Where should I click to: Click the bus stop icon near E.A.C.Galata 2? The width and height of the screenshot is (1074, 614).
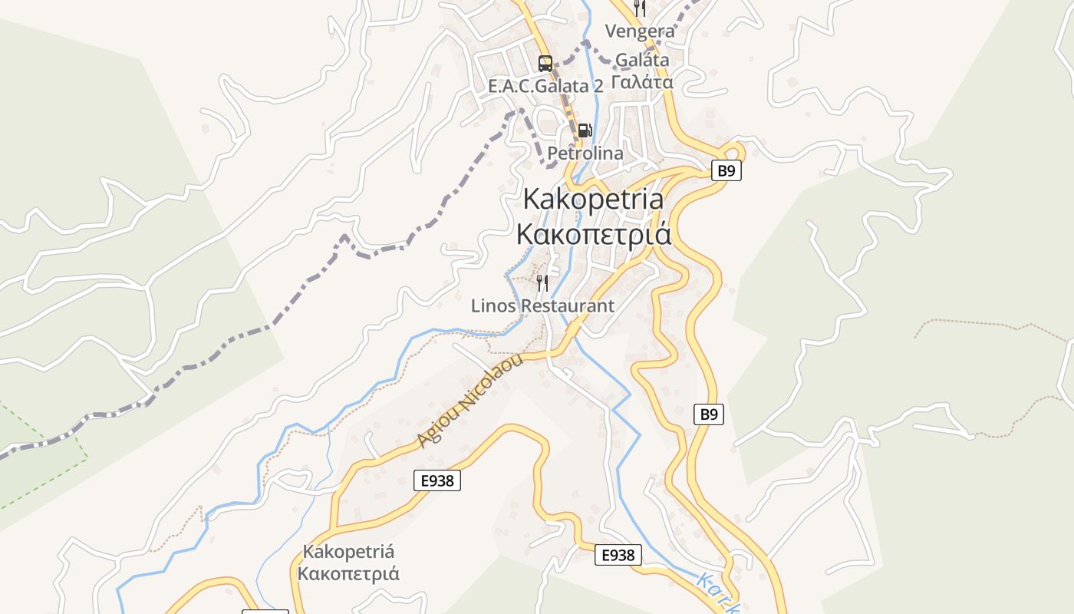tap(545, 64)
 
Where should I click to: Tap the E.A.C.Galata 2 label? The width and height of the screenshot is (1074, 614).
tap(545, 86)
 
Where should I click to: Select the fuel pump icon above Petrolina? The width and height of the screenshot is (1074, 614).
tap(585, 130)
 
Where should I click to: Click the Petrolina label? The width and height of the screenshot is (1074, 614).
tap(585, 153)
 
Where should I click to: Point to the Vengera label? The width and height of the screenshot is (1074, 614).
tap(640, 31)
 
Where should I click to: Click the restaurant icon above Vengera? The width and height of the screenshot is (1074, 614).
tap(640, 8)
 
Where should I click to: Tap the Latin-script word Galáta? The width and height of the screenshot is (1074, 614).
tap(642, 59)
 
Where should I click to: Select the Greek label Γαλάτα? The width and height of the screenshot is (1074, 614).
tap(642, 81)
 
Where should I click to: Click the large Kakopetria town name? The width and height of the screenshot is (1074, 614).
tap(593, 199)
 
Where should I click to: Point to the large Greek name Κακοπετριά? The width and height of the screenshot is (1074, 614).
tap(593, 233)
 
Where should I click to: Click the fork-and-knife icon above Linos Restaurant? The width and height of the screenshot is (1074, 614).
tap(542, 283)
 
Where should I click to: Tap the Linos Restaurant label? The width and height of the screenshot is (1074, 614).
tap(542, 306)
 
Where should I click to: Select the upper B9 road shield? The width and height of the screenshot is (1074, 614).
tap(726, 170)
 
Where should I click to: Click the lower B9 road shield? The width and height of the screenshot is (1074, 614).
tap(709, 414)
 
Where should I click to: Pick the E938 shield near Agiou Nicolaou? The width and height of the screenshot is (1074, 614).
tap(437, 481)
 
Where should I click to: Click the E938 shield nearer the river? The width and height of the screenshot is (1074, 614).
tap(618, 555)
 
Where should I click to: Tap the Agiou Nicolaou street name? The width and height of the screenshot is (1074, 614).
tap(470, 401)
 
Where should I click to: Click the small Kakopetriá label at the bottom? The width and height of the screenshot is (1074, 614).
tap(348, 551)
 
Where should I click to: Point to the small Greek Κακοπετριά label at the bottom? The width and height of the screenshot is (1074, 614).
tap(348, 573)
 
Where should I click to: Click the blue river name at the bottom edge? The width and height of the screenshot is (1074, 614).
tap(717, 593)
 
